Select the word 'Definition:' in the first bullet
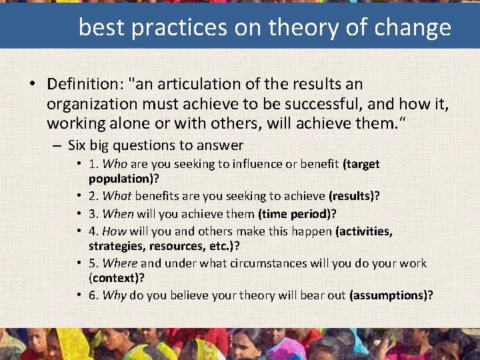(x=87, y=85)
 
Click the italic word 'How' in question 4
(x=115, y=231)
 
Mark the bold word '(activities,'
(x=363, y=231)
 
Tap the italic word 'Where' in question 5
(x=121, y=263)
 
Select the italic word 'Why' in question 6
(x=114, y=295)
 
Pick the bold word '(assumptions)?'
(x=391, y=295)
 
